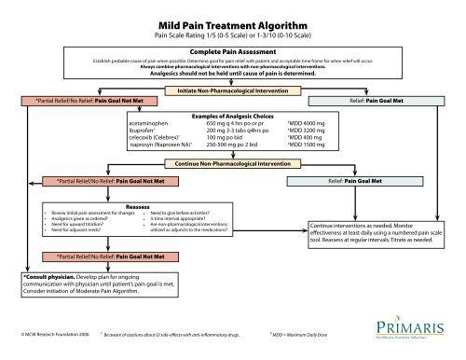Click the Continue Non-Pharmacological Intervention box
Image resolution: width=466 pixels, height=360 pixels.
232,163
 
